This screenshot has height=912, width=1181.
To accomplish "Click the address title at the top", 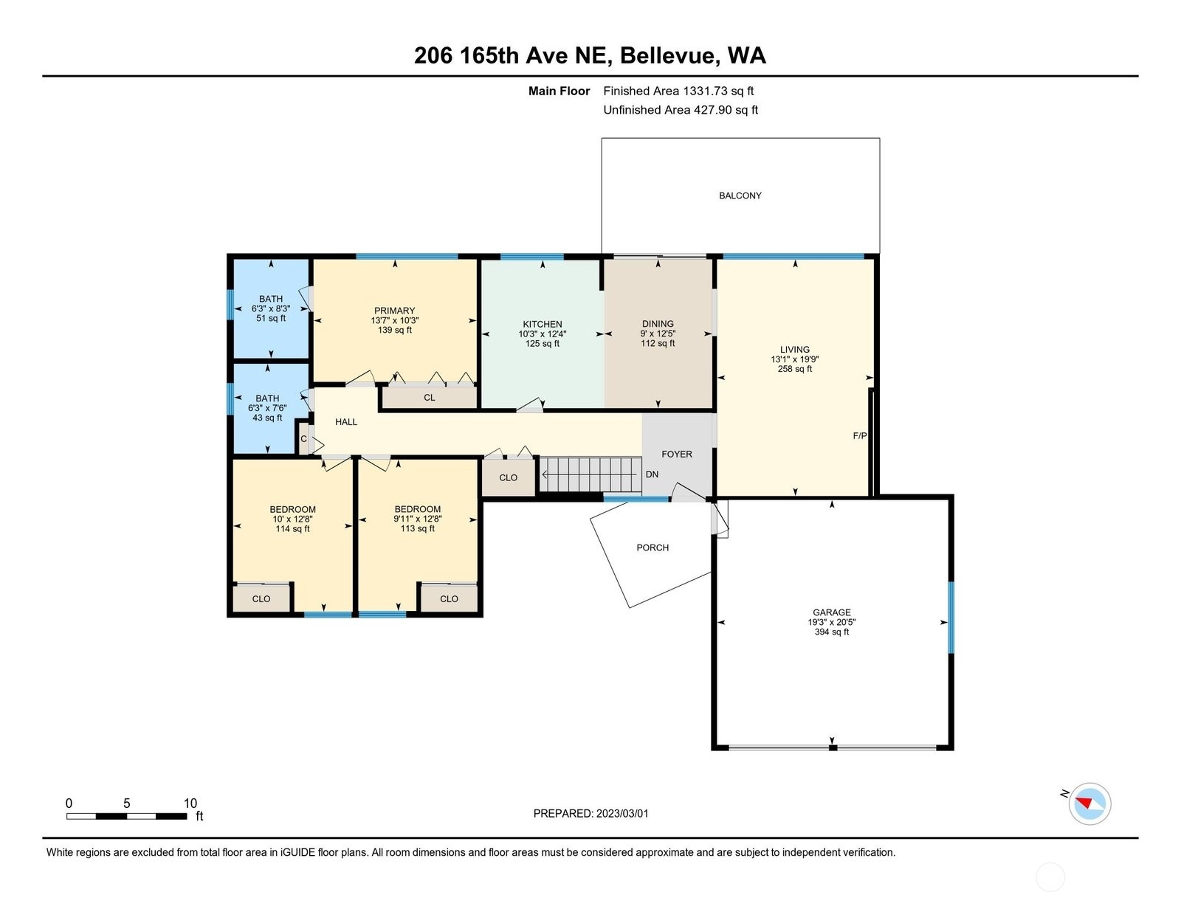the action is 590,55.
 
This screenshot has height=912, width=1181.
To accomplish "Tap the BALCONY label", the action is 740,196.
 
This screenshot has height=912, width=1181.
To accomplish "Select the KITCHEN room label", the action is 543,324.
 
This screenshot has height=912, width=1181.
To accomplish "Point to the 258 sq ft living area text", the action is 794,369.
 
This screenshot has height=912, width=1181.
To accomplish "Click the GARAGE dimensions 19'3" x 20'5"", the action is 832,622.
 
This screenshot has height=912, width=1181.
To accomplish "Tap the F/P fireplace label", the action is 860,435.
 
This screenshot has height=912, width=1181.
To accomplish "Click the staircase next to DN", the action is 590,474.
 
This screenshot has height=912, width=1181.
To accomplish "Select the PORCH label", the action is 653,547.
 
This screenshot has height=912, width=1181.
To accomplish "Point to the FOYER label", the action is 677,454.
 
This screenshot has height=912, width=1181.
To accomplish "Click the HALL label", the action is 346,422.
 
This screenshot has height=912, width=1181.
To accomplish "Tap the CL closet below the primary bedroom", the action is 430,397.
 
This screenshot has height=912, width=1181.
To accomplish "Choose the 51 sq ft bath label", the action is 271,318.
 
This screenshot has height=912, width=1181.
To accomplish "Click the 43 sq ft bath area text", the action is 267,418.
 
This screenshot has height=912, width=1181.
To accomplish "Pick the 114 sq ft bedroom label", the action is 292,528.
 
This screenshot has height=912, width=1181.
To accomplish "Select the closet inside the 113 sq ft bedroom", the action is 449,598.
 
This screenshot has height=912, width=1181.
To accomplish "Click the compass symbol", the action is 1089,804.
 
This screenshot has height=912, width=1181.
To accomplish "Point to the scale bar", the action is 127,816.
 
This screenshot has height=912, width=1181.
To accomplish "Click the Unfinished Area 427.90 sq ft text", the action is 681,110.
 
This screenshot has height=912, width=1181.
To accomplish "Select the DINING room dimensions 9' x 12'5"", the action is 658,334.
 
